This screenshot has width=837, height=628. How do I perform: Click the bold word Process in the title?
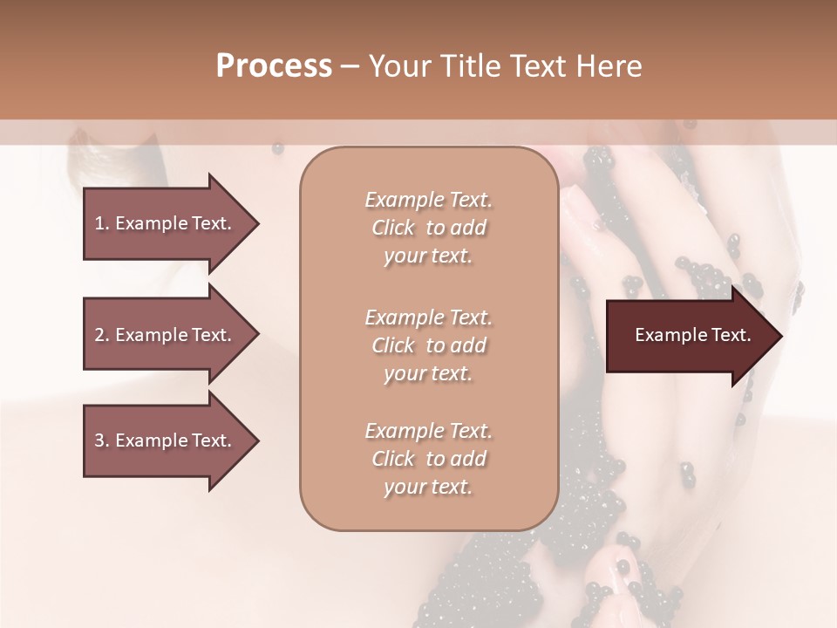(x=274, y=66)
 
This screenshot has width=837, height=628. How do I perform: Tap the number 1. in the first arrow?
(x=102, y=223)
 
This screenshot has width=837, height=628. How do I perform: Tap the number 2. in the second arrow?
(x=102, y=335)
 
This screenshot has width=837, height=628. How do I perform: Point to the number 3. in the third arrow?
(x=102, y=440)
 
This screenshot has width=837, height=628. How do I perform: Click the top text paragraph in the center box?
(x=428, y=228)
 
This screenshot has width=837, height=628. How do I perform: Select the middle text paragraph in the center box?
(x=428, y=345)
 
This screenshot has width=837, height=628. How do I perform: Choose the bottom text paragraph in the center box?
(x=428, y=459)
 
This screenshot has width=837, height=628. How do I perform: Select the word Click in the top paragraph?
(x=393, y=228)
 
